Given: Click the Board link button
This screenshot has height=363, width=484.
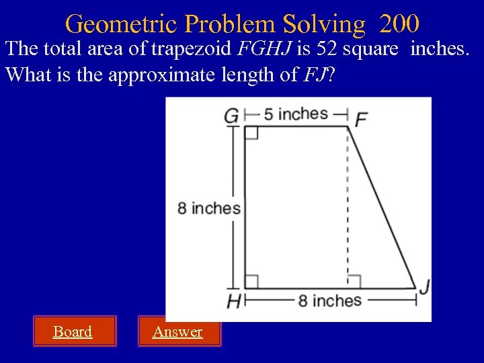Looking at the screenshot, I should (x=73, y=331).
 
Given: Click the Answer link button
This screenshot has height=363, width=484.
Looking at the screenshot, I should (x=177, y=331).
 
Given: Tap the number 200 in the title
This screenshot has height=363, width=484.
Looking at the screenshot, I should (x=399, y=24).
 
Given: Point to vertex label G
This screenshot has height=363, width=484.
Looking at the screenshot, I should (x=231, y=117).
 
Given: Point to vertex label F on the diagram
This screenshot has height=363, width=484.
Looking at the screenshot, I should (x=361, y=119).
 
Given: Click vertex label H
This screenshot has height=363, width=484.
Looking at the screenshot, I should (x=233, y=302).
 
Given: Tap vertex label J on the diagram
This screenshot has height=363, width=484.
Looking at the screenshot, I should (x=424, y=286).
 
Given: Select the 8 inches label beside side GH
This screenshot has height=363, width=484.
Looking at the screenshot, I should (x=209, y=208).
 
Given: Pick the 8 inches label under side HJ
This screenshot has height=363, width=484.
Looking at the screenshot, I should (x=329, y=300).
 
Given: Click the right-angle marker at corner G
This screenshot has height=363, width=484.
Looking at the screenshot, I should (x=251, y=132).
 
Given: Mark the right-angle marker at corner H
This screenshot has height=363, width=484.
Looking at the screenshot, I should (x=251, y=281).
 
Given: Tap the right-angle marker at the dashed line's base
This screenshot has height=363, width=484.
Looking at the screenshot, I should (x=354, y=281).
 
